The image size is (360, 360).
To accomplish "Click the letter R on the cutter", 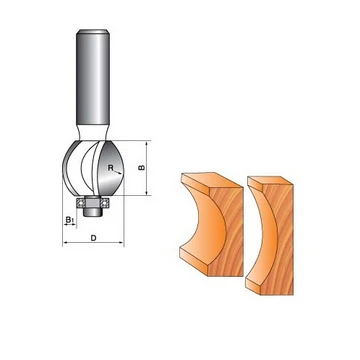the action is [110, 168].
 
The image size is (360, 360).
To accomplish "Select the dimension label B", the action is [141, 167].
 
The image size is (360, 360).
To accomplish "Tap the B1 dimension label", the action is [70, 219].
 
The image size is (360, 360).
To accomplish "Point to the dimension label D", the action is [94, 238].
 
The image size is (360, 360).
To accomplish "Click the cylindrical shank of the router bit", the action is [93, 77].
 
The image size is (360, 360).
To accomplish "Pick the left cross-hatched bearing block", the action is [80, 203].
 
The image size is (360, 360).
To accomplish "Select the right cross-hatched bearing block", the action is [106, 203].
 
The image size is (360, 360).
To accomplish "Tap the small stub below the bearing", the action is [92, 211].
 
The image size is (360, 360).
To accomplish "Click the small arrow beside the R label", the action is [117, 172].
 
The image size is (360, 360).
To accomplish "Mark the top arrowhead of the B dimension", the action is [147, 143].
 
